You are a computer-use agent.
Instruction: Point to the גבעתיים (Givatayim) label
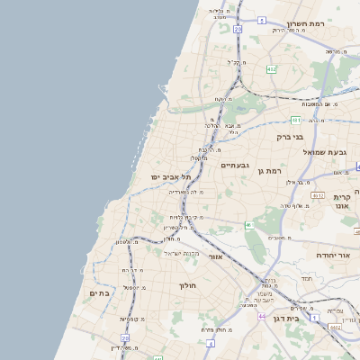click(x=234, y=165)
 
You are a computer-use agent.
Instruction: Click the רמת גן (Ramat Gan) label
click(x=269, y=170)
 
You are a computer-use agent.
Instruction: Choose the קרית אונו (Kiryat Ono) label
click(x=342, y=201)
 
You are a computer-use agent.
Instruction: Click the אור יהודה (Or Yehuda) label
click(x=331, y=255)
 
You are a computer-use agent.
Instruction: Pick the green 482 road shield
click(x=271, y=69)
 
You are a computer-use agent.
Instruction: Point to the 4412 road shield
click(x=335, y=328)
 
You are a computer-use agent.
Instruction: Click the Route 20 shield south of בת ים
click(x=125, y=338)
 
